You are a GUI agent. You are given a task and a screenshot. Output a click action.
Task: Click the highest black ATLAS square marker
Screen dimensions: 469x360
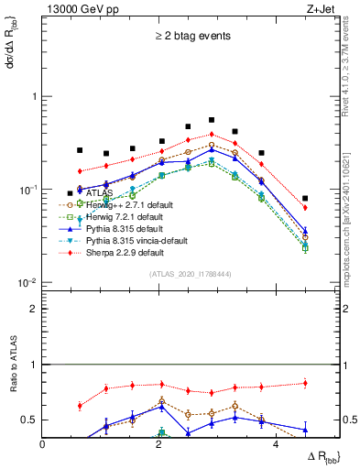212,120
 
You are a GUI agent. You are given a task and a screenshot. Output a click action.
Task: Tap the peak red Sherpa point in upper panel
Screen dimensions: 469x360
212,134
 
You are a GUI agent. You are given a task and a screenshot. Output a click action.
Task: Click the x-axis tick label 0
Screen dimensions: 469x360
42,445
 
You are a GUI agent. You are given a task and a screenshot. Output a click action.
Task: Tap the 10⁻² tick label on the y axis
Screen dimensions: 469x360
25,283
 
